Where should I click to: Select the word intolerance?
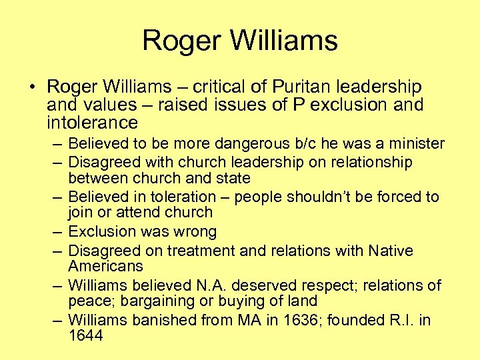93,123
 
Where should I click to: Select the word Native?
389,251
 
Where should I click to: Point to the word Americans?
105,266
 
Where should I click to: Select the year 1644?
85,336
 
